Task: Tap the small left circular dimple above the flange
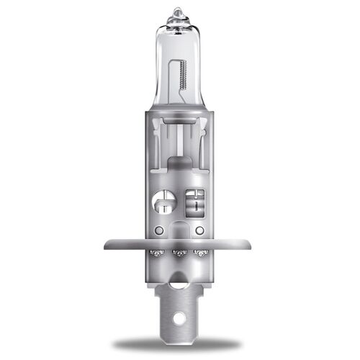pyautogui.click(x=158, y=230)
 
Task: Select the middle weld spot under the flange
pyautogui.click(x=180, y=253)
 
